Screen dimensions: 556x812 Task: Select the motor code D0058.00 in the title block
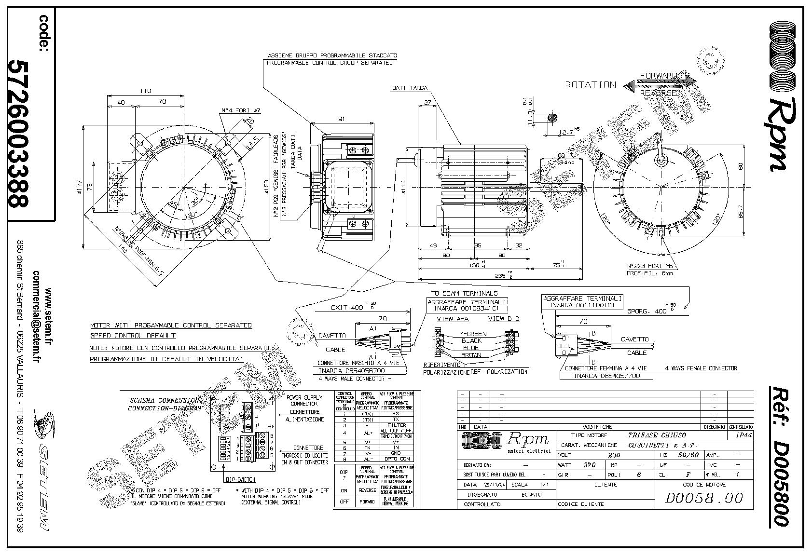[704, 498]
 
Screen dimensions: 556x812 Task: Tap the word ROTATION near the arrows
[591, 85]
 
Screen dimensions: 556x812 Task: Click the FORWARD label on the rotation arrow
[658, 76]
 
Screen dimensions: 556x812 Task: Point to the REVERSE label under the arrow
[658, 93]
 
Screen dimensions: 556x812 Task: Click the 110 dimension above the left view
[145, 91]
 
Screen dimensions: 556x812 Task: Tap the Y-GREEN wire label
[472, 334]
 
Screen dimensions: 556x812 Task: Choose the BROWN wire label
[471, 355]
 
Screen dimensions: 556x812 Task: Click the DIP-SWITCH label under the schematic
[240, 480]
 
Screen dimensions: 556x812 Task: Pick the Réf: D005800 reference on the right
[779, 456]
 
